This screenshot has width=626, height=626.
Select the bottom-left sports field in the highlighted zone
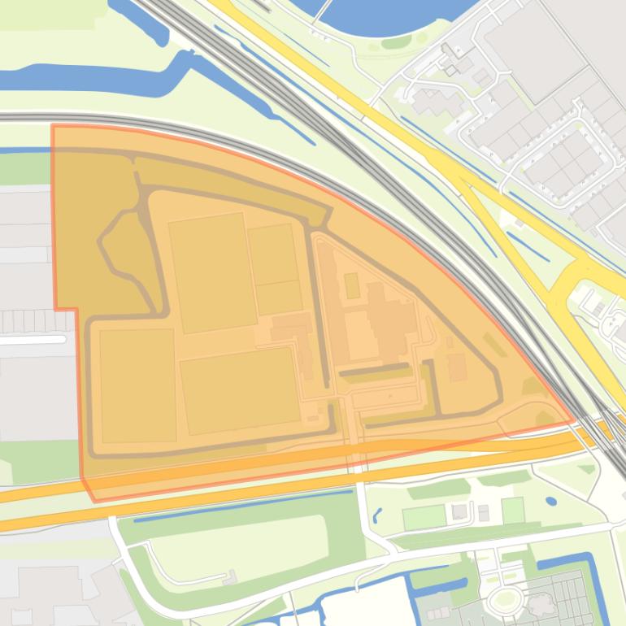pyautogui.click(x=137, y=385)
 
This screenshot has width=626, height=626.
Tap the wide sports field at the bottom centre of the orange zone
pyautogui.click(x=238, y=390)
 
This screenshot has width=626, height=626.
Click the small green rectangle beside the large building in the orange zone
pyautogui.click(x=351, y=285)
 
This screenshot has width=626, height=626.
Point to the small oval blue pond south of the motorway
pyautogui.click(x=552, y=501)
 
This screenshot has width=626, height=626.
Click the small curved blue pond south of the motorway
pyautogui.click(x=377, y=515)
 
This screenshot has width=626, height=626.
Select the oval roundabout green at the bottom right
pyautogui.click(x=506, y=600)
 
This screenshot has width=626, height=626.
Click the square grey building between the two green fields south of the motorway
pyautogui.click(x=459, y=511)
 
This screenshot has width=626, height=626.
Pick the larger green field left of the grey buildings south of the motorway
pyautogui.click(x=424, y=516)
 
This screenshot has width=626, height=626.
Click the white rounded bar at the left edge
pyautogui.click(x=33, y=340)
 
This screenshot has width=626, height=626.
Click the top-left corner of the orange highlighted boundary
pyautogui.click(x=53, y=125)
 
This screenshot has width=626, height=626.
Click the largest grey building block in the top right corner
pyautogui.click(x=533, y=49)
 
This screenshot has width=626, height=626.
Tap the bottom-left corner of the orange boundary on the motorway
pyautogui.click(x=94, y=501)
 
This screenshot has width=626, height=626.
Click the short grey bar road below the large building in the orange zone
pyautogui.click(x=375, y=373)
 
